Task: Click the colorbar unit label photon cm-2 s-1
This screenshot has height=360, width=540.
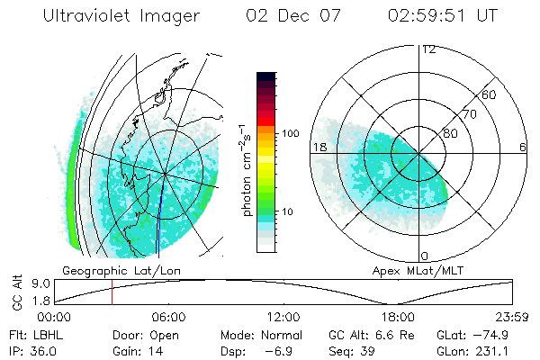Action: (246, 169)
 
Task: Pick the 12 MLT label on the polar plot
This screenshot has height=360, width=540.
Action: (428, 49)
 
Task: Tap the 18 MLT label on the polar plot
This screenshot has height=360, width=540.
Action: (319, 147)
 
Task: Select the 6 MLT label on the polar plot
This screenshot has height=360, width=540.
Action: (523, 147)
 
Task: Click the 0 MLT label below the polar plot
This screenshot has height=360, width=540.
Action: (424, 256)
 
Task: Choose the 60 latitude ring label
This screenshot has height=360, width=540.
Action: (490, 94)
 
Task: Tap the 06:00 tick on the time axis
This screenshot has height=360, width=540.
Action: (168, 317)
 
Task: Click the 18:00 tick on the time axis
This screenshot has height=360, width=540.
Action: (398, 317)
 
